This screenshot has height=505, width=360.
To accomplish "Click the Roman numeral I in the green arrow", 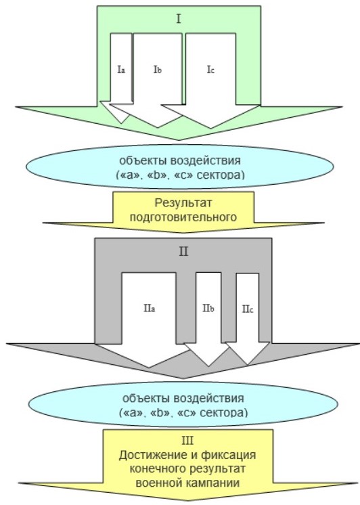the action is click(x=179, y=19).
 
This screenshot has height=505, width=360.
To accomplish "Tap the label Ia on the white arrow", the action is click(x=121, y=70).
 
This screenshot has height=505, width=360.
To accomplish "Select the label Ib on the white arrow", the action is click(x=158, y=70).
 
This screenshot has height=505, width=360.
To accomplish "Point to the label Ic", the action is click(x=210, y=70).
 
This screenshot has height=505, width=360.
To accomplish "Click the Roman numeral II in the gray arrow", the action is click(x=183, y=251).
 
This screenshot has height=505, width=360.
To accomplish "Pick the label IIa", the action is click(x=150, y=309).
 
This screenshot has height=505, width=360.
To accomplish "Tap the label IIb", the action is click(x=208, y=309).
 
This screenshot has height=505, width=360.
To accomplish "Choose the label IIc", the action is click(x=248, y=309).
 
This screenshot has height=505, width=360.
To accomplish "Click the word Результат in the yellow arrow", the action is click(x=183, y=203).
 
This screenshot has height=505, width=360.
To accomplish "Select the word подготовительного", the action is click(x=183, y=217).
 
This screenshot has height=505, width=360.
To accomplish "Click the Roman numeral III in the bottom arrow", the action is click(x=187, y=440).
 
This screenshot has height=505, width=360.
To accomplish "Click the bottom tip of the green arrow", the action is click(x=179, y=140).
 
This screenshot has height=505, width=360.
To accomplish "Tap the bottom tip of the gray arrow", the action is click(x=183, y=378).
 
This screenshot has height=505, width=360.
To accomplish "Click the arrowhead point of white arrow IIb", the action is click(x=208, y=366).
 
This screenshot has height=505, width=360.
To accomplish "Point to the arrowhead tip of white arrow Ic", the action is click(x=210, y=128).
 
